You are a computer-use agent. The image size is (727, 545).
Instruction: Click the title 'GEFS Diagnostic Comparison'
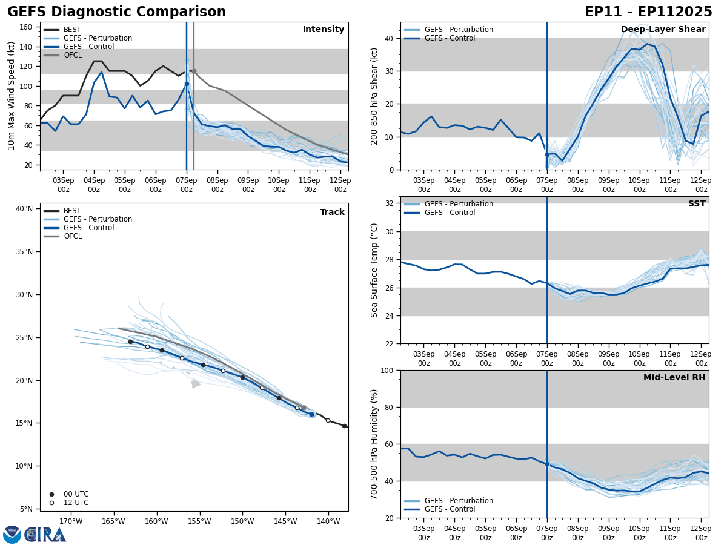click(116, 12)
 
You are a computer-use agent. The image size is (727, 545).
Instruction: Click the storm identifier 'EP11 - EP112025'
click(648, 12)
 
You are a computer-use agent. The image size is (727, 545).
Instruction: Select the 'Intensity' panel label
click(324, 30)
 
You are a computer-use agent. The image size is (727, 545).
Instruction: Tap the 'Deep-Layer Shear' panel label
click(663, 30)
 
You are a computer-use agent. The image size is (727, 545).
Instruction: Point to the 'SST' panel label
click(697, 204)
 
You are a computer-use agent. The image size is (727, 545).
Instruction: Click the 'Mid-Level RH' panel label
click(674, 378)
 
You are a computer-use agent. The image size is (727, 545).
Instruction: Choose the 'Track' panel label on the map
click(332, 213)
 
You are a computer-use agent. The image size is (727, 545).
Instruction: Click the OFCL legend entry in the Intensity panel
click(73, 55)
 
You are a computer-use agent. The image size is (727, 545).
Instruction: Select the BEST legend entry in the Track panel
click(72, 211)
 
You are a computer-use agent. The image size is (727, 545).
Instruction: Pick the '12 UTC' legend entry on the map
click(76, 503)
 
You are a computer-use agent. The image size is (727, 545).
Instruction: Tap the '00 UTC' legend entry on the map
click(76, 494)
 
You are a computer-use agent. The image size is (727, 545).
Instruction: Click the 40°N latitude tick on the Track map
click(24, 209)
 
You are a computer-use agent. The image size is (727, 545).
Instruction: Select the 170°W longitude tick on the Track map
click(70, 522)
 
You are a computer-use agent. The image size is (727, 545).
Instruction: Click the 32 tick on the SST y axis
click(390, 203)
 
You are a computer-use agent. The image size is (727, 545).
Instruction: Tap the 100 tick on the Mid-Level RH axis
click(388, 370)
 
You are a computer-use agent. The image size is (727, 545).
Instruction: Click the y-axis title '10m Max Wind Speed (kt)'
click(12, 96)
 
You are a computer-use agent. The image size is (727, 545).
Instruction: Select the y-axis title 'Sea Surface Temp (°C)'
click(375, 270)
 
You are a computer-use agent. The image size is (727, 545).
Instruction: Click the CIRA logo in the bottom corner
click(45, 534)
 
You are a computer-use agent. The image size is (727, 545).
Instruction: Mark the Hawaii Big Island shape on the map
click(195, 384)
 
